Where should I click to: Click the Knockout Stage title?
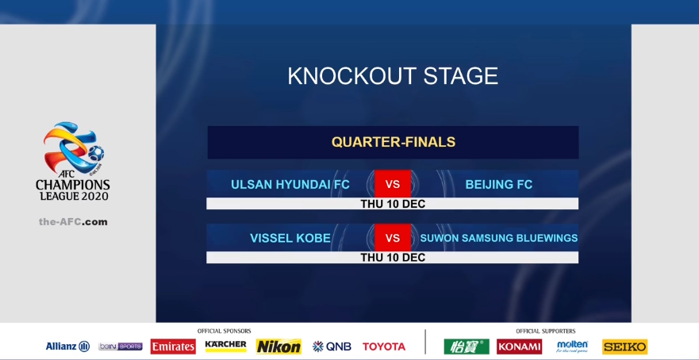[x=393, y=76]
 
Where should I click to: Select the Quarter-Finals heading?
[x=394, y=142]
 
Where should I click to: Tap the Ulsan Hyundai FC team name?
[x=290, y=185]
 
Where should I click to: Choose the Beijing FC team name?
[x=499, y=185]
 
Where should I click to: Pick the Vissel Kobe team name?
[x=290, y=239]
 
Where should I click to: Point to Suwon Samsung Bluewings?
[x=499, y=239]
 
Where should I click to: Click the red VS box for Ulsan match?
[x=393, y=184]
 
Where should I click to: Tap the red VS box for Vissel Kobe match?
[x=393, y=238]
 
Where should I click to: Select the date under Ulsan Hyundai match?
[x=393, y=204]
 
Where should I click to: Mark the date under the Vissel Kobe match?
[x=393, y=258]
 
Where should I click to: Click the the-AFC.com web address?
[x=73, y=222]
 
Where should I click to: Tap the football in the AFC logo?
[x=96, y=153]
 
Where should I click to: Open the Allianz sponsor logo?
[x=67, y=347]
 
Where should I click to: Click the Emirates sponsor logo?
[x=173, y=347]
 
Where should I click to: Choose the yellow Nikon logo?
[x=278, y=347]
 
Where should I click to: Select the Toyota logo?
[x=384, y=347]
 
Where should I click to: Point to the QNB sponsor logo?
[x=332, y=347]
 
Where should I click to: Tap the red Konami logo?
[x=520, y=347]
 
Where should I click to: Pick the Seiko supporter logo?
[x=624, y=347]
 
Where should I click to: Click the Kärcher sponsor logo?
[x=225, y=345]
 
